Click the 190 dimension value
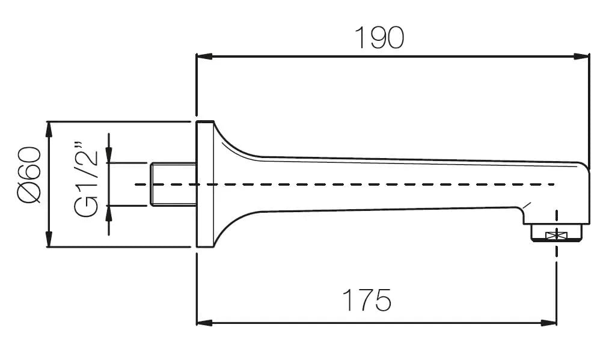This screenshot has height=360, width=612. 379,38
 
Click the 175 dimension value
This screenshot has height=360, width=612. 367,300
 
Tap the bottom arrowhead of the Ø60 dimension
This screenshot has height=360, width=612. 48,240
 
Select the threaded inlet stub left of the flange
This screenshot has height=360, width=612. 173,184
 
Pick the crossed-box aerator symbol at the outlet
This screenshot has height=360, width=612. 557,235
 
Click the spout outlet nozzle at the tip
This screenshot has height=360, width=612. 557,231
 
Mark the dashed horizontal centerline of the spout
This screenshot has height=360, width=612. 361,184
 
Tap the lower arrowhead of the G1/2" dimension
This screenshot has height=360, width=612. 109,211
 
